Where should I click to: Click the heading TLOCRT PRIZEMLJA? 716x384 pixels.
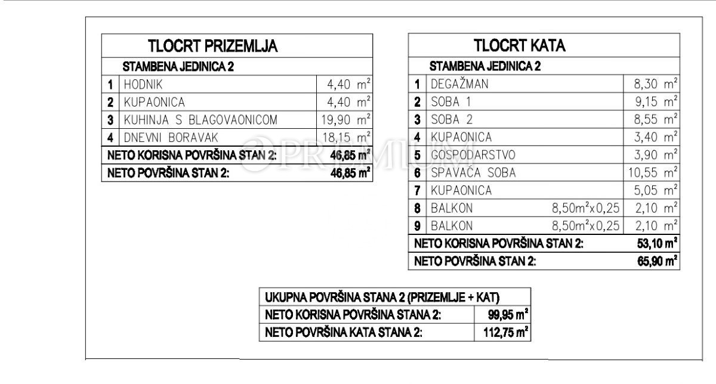coord(213,47)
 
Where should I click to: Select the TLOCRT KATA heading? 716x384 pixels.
coord(519,46)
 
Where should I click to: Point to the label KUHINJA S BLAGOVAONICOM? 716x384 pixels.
coord(200,120)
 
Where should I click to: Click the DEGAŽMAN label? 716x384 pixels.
coord(459,84)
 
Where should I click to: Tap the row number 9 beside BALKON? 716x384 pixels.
coord(418,226)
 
